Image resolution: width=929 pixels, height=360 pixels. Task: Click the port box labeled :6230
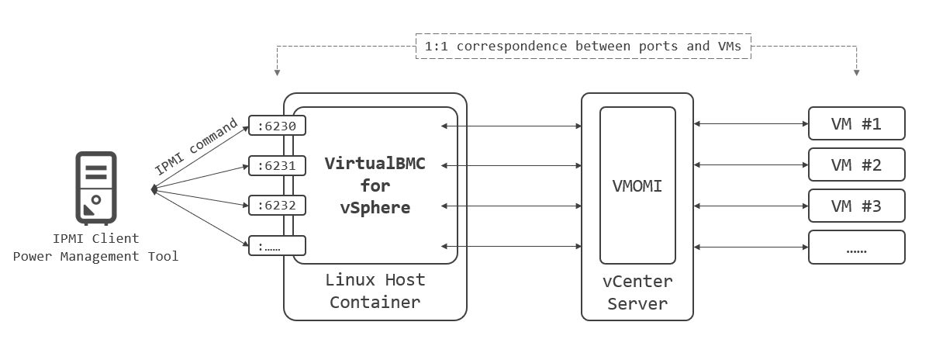[277, 125]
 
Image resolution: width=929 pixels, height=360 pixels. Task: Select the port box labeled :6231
[277, 165]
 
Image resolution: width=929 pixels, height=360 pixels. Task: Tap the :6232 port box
[277, 206]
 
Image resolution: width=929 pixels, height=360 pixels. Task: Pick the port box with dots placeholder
[277, 246]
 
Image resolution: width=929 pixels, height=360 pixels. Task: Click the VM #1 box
[856, 124]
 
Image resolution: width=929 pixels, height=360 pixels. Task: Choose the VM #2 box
[856, 164]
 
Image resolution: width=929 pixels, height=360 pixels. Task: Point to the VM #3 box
[856, 206]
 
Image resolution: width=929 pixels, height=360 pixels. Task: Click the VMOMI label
[637, 186]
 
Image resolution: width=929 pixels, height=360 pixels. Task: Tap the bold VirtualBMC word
[375, 164]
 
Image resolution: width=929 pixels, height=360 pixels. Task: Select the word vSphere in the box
[375, 208]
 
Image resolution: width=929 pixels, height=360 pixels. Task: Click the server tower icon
[95, 187]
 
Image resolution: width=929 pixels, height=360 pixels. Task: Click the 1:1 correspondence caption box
[584, 47]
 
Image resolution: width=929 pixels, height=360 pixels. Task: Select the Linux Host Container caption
[375, 290]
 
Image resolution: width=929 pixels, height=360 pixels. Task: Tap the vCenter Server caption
[637, 292]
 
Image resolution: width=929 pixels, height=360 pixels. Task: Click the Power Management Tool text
[95, 256]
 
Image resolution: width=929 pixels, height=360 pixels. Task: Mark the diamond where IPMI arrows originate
[154, 189]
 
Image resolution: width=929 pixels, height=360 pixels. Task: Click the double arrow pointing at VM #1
[751, 124]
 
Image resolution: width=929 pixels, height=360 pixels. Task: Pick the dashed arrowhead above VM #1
[856, 72]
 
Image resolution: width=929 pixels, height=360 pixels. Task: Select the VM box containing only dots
[856, 247]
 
